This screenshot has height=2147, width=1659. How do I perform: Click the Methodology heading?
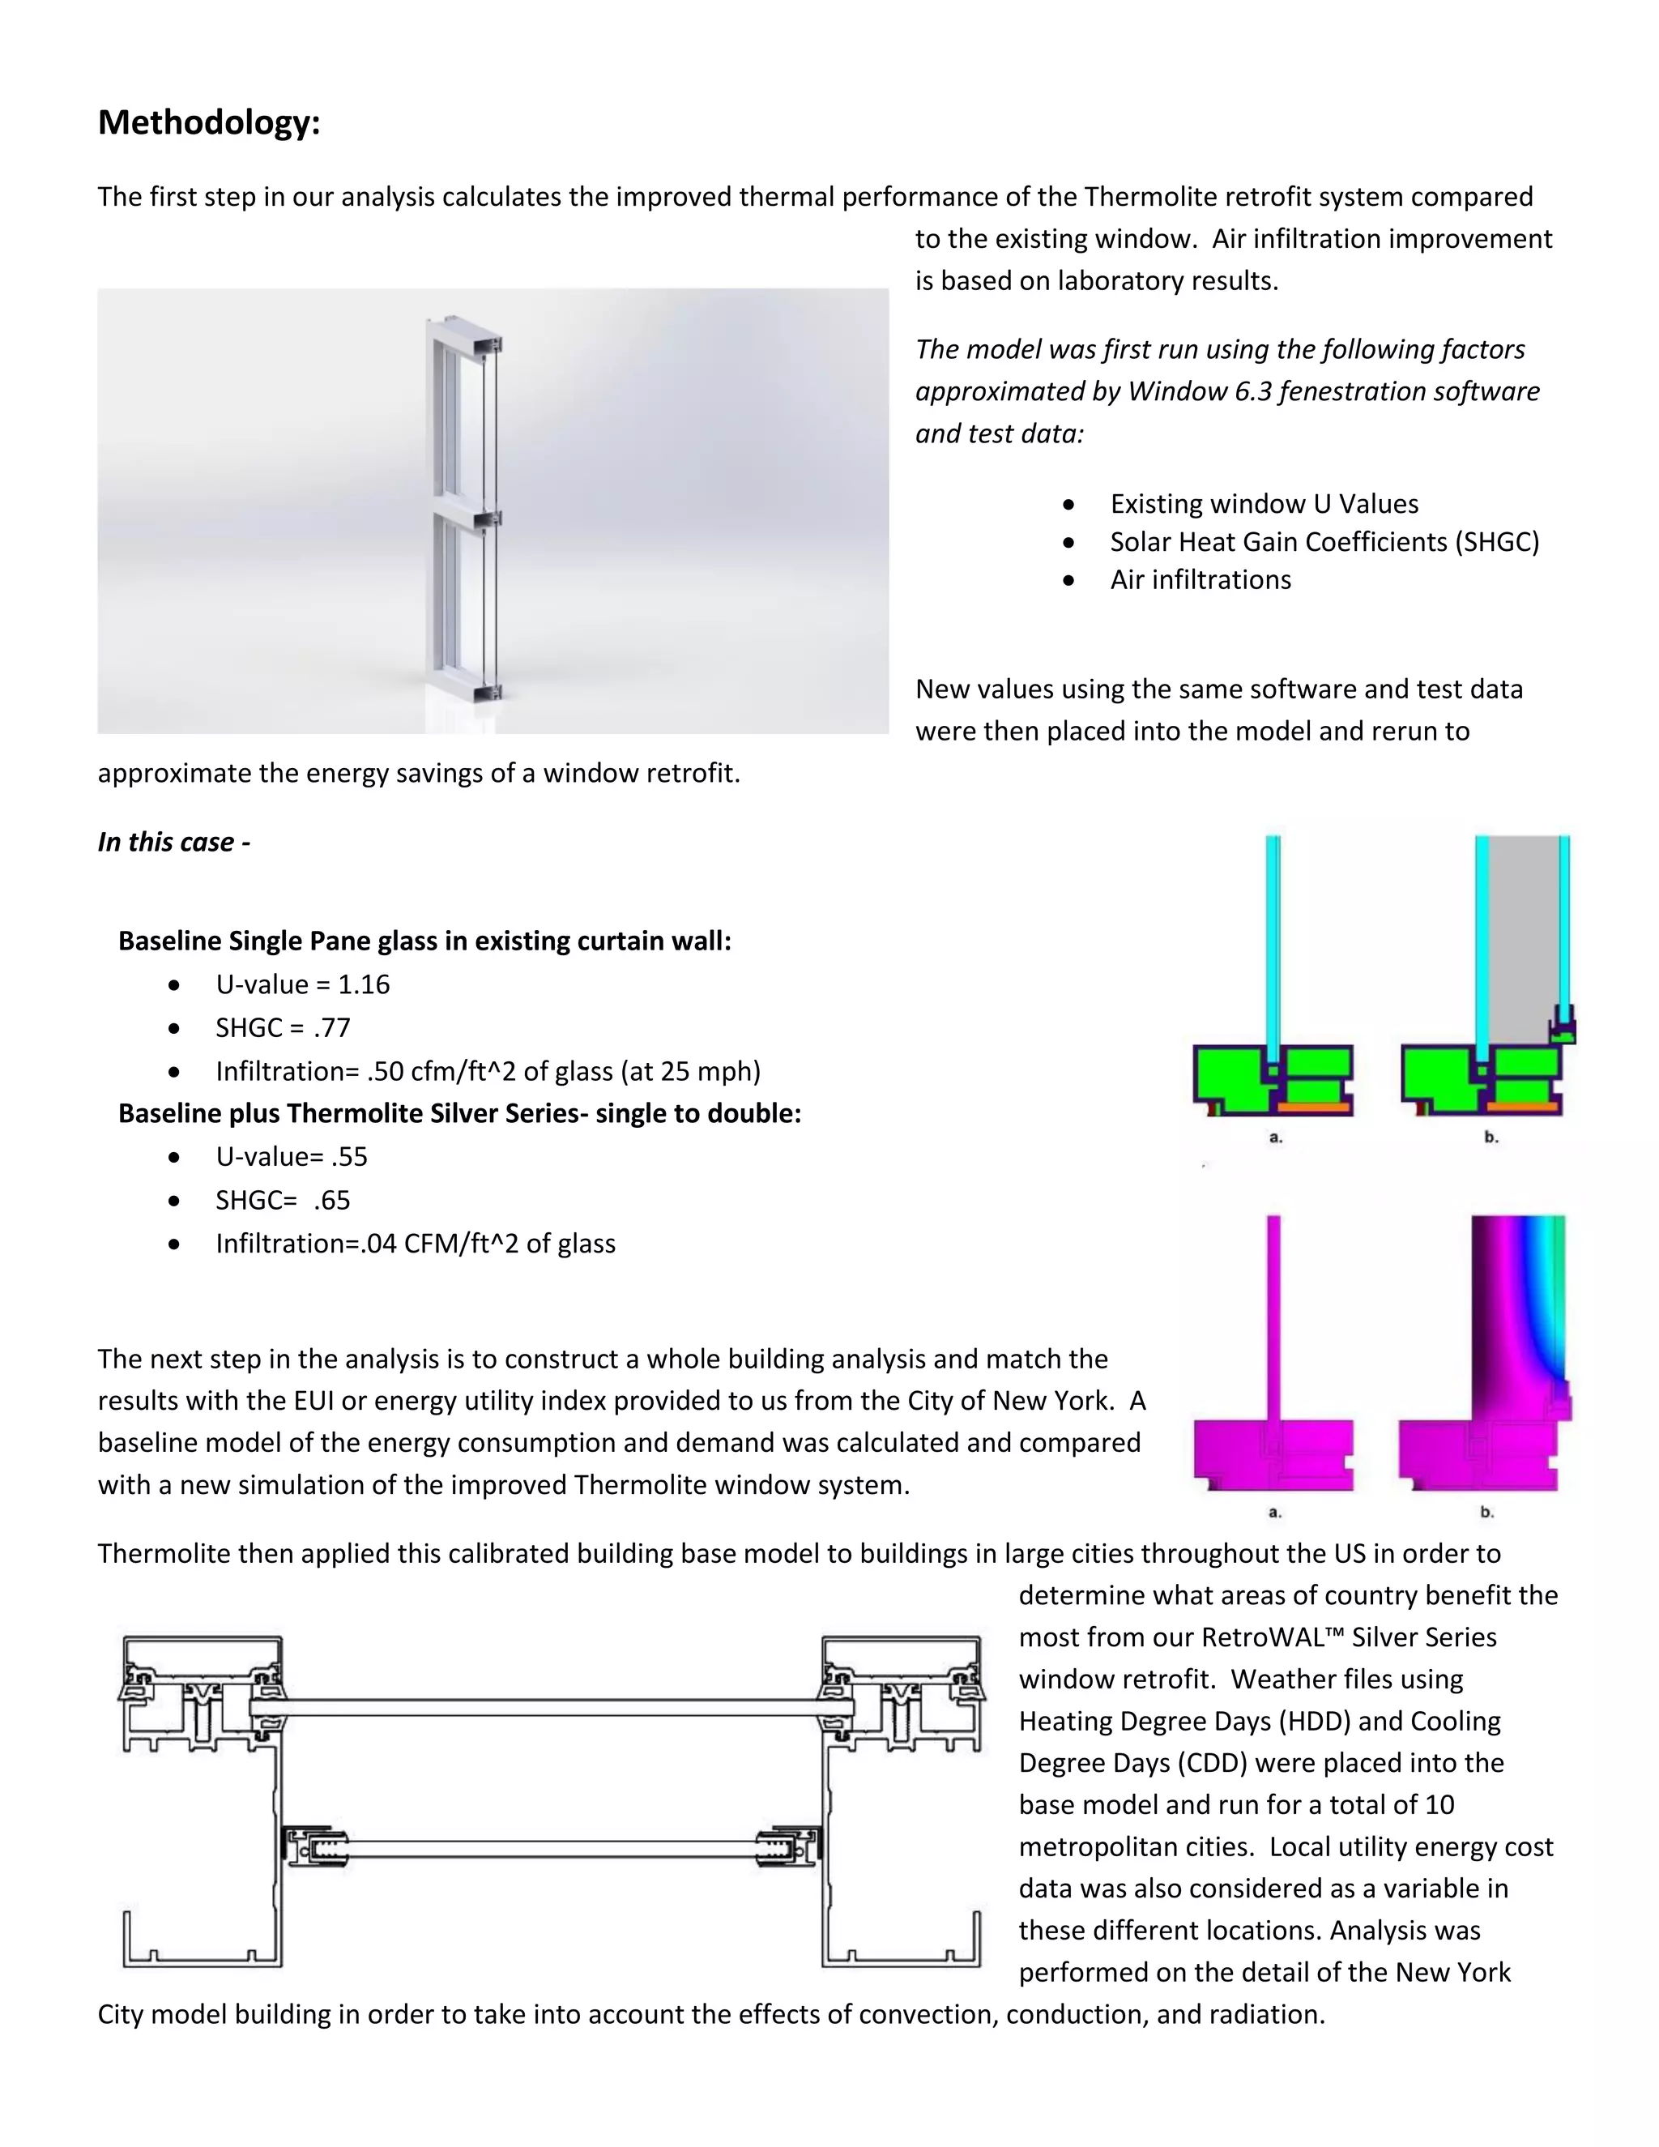(x=208, y=123)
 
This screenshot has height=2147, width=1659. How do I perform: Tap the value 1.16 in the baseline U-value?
(x=364, y=984)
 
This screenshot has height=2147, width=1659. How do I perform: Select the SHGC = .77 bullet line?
(x=282, y=1027)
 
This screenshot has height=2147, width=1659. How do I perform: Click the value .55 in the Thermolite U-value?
(x=349, y=1156)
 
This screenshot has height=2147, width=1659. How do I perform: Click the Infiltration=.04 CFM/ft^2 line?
(x=415, y=1244)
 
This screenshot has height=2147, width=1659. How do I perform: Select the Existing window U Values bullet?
(x=1264, y=503)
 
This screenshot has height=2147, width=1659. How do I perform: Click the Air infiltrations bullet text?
(x=1200, y=580)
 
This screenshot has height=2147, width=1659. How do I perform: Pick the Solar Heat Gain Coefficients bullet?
(x=1324, y=542)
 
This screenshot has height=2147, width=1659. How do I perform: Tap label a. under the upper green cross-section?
(x=1276, y=1138)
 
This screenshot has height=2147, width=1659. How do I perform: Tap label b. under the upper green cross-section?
(x=1491, y=1138)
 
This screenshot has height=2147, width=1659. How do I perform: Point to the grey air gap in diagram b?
(x=1524, y=934)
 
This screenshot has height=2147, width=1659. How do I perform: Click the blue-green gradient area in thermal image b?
(x=1543, y=1298)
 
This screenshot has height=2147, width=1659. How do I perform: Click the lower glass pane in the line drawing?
(x=550, y=1848)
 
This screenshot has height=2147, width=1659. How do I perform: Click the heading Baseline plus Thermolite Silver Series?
(x=459, y=1113)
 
